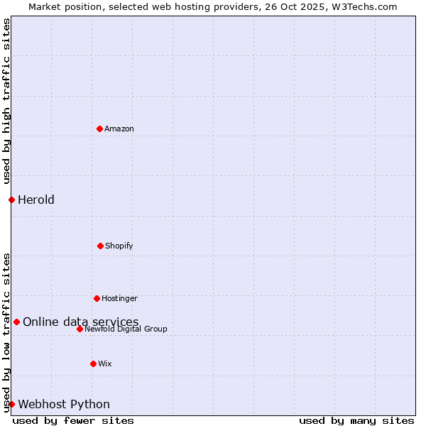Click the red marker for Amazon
coord(99,129)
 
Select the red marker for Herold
coord(11,200)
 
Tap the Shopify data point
coord(100,246)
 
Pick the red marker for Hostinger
coord(97,298)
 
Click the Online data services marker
coord(16,322)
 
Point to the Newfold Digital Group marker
coord(80,329)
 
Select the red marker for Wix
coord(93,364)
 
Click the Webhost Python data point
coord(11,404)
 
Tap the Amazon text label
coord(119,129)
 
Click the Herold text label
coord(36,200)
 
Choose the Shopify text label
coord(119,246)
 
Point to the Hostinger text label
coord(119,298)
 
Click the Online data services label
coord(81,322)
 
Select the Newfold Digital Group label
coord(126,329)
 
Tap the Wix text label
coord(105,364)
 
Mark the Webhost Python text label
coord(64,404)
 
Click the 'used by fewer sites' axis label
coord(73,420)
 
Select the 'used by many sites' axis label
coord(356,420)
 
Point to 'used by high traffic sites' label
coord(6,101)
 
